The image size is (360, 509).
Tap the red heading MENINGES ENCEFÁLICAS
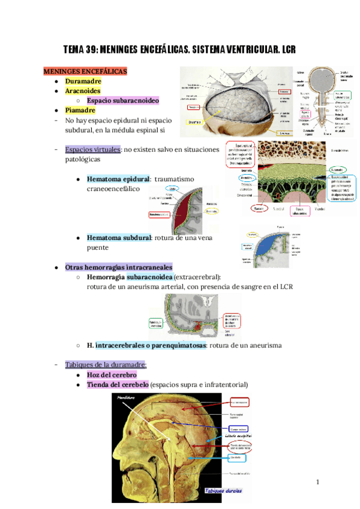coord(85,71)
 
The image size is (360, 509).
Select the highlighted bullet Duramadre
coord(83,81)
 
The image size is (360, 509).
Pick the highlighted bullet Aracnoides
coord(83,91)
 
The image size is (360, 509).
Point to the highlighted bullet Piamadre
coord(80,110)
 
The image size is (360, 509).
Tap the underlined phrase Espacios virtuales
coord(92,149)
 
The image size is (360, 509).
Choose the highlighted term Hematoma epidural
coord(118,179)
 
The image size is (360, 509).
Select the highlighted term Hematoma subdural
coord(118,238)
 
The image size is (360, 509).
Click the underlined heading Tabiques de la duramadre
coord(106,364)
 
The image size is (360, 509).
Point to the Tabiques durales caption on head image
coord(222,491)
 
